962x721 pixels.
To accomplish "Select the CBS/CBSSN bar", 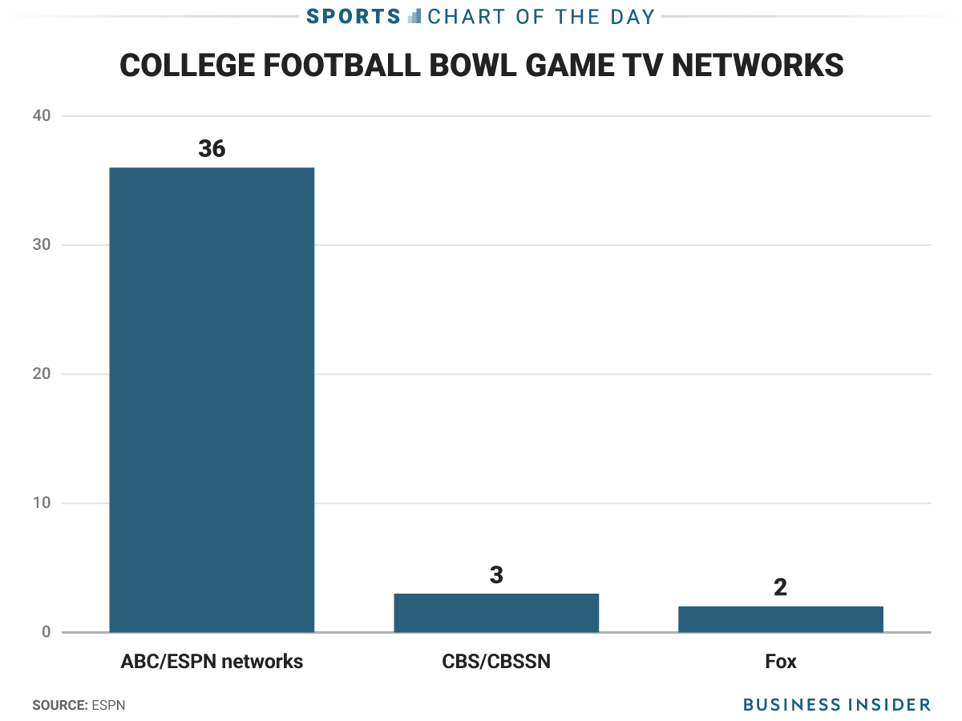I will pyautogui.click(x=496, y=613).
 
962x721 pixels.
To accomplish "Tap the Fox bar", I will pyautogui.click(x=781, y=619).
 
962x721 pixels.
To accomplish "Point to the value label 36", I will pyautogui.click(x=212, y=149).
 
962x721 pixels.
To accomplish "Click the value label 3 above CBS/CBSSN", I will pyautogui.click(x=496, y=575).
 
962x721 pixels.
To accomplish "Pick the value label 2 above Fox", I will pyautogui.click(x=781, y=588).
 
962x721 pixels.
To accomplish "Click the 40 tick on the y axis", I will pyautogui.click(x=42, y=116).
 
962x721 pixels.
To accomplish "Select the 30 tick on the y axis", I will pyautogui.click(x=42, y=245).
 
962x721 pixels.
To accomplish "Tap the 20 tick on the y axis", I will pyautogui.click(x=42, y=374).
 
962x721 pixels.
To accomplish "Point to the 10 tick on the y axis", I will pyautogui.click(x=42, y=503).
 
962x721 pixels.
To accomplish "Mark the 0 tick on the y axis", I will pyautogui.click(x=46, y=632).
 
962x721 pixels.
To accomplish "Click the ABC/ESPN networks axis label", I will pyautogui.click(x=212, y=662).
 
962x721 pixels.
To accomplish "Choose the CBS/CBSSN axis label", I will pyautogui.click(x=496, y=662).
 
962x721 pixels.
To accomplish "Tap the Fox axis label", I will pyautogui.click(x=781, y=662).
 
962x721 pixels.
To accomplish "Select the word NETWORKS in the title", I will pyautogui.click(x=757, y=65).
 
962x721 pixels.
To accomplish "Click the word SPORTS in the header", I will pyautogui.click(x=354, y=16).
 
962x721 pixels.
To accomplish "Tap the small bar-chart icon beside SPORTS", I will pyautogui.click(x=414, y=16).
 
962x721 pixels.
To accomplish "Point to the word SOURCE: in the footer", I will pyautogui.click(x=59, y=705).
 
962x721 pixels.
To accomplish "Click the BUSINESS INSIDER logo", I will pyautogui.click(x=836, y=705).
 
